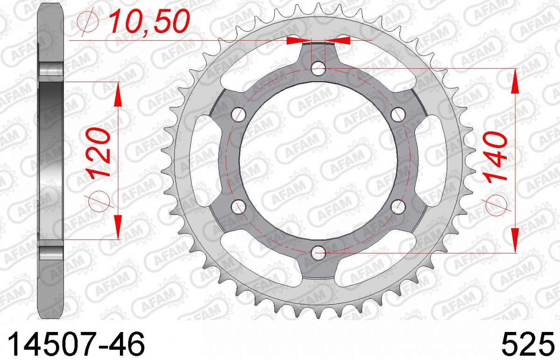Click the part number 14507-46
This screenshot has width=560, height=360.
click(76, 345)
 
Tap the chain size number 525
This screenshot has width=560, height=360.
click(525, 345)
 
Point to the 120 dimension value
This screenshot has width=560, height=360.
click(98, 152)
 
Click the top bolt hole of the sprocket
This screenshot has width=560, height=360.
click(318, 68)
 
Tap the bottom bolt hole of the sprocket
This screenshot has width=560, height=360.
click(318, 253)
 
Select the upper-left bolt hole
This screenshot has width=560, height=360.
click(238, 114)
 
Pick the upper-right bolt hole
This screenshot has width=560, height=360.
click(398, 114)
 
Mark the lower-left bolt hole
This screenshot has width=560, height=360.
click(238, 207)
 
